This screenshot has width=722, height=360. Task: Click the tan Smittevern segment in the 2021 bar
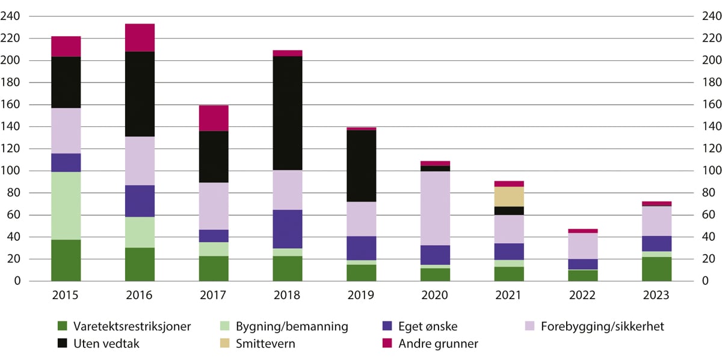(x=509, y=196)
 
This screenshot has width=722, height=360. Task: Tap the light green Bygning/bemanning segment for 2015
(x=66, y=206)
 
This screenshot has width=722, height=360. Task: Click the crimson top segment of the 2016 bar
(x=140, y=38)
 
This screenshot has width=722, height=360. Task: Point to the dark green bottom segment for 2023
(x=656, y=268)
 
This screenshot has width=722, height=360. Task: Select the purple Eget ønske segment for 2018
(x=288, y=229)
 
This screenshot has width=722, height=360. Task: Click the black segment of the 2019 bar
(x=361, y=166)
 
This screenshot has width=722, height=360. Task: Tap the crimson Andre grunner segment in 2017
(x=214, y=118)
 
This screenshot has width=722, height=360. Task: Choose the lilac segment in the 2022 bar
(x=582, y=246)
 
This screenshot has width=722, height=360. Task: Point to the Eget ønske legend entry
(x=427, y=327)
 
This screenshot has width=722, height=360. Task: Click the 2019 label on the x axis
(x=361, y=296)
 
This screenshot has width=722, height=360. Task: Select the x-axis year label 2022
(x=582, y=296)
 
